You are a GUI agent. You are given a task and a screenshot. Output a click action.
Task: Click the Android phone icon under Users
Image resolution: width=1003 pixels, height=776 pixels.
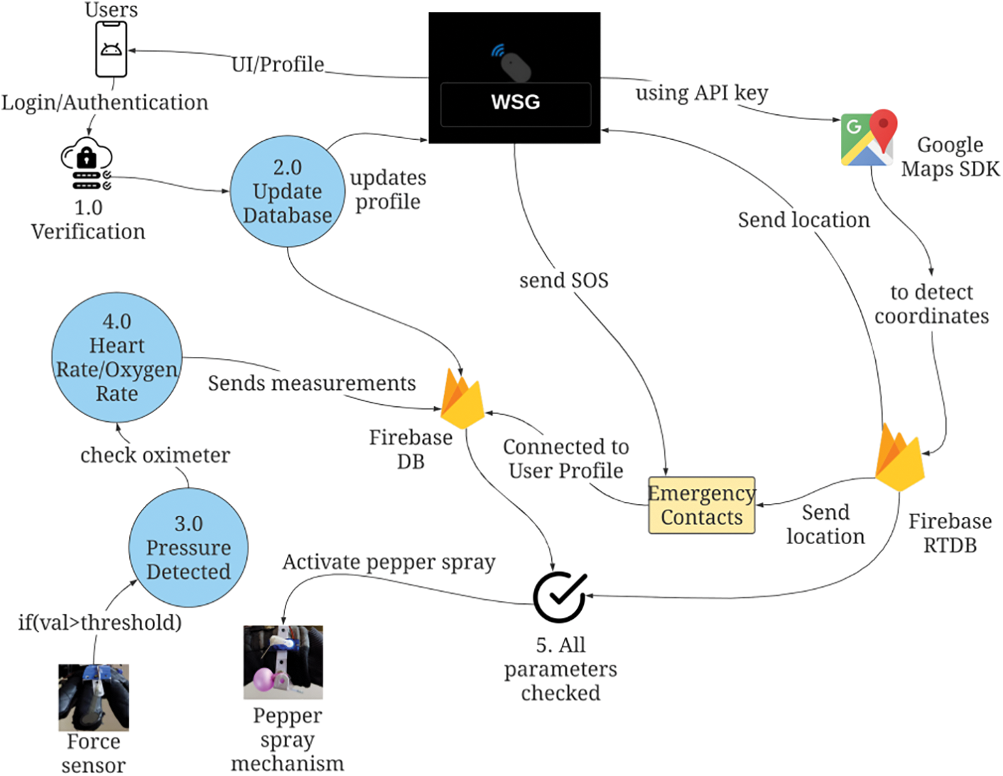tap(111, 49)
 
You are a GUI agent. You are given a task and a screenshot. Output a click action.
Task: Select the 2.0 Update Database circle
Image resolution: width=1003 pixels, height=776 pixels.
tap(288, 191)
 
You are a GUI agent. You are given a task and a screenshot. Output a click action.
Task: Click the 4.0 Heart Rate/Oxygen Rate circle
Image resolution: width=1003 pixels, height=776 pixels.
tap(117, 358)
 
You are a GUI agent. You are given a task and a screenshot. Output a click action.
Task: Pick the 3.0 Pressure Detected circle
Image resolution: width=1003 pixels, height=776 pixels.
tap(188, 548)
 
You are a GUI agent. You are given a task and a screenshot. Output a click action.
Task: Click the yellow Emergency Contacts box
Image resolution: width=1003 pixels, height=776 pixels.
tap(701, 505)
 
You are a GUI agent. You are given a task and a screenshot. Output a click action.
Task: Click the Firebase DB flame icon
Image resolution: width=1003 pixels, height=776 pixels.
tap(462, 399)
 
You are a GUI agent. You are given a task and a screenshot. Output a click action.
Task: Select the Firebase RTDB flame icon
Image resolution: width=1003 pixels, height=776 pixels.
tap(899, 457)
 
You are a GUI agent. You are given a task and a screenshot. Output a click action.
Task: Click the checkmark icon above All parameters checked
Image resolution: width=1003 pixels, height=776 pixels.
tap(560, 597)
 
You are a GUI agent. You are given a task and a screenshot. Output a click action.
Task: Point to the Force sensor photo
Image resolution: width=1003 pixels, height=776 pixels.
tap(94, 697)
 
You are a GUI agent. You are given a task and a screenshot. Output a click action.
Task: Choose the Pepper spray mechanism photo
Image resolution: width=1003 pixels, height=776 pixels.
tap(283, 662)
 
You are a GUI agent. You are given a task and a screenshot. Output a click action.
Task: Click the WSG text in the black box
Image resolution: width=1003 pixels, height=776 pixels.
tap(515, 102)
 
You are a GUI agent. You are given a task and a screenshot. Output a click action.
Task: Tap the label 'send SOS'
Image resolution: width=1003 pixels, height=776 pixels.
tap(564, 281)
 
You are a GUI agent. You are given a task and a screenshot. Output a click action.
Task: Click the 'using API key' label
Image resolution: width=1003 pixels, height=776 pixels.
tap(702, 93)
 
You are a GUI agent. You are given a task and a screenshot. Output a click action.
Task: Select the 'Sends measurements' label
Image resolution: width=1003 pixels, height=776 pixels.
tap(311, 383)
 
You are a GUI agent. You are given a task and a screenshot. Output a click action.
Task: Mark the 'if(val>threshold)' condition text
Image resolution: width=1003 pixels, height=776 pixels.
tap(100, 623)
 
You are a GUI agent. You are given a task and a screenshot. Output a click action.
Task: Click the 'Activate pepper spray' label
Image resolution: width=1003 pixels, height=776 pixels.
tap(388, 563)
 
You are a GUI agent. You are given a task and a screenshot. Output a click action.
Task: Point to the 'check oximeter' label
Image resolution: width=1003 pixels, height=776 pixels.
tap(155, 455)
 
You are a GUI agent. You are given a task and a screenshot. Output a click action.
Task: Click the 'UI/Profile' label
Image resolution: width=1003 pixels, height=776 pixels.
tap(278, 64)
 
